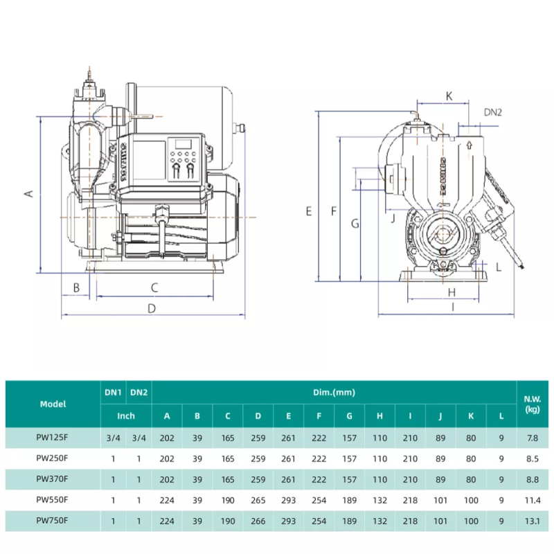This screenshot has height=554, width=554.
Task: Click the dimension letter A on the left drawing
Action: (29, 193)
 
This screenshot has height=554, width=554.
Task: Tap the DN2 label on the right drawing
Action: (492, 111)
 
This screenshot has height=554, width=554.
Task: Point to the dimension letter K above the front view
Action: (449, 96)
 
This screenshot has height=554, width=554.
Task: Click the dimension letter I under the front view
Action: (452, 305)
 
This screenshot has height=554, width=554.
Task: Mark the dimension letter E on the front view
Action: (309, 211)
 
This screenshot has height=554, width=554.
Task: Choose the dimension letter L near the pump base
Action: (499, 267)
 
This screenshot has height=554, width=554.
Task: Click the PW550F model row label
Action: (53, 499)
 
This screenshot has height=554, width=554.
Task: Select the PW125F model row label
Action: (53, 438)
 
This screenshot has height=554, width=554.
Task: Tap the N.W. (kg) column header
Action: (533, 403)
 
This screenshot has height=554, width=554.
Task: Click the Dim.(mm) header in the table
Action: (334, 392)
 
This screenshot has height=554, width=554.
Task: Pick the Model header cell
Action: (53, 404)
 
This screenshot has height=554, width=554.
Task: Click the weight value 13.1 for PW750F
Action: (533, 519)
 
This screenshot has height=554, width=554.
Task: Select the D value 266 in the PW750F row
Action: (258, 519)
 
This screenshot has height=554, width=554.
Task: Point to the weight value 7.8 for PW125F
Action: (533, 438)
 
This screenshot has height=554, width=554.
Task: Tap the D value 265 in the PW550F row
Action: (258, 499)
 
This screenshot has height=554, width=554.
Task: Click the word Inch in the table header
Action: (125, 416)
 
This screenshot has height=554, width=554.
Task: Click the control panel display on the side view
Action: (184, 144)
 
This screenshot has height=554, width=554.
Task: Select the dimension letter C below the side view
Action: (154, 287)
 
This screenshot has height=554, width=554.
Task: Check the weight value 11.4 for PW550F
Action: (533, 499)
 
